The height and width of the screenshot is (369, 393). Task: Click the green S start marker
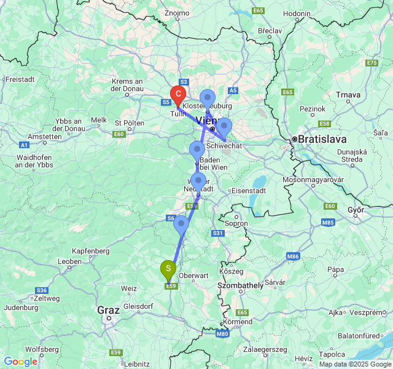[x=168, y=269]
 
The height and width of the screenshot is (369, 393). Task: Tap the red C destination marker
[x=177, y=95]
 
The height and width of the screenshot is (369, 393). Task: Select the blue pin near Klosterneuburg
[x=208, y=98]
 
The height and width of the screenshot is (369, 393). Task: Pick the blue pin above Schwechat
[x=224, y=127]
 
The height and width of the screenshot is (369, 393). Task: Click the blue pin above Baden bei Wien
[x=196, y=149]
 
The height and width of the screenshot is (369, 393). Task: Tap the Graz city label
[x=108, y=310]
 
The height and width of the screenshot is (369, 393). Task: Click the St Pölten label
[x=129, y=123]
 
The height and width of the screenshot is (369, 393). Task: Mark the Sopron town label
[x=237, y=223]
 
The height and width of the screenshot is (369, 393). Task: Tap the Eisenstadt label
[x=248, y=191]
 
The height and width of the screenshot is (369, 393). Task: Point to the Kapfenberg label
[x=90, y=251]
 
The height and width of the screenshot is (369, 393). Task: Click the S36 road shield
[x=42, y=290]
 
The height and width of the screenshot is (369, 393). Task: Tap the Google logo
[x=20, y=362]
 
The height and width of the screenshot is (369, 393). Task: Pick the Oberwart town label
[x=193, y=276]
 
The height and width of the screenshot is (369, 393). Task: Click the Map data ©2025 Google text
[x=354, y=364]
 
